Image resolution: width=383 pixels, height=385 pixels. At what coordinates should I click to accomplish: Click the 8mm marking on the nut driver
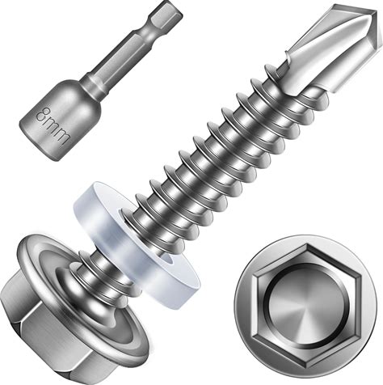[53, 125]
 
